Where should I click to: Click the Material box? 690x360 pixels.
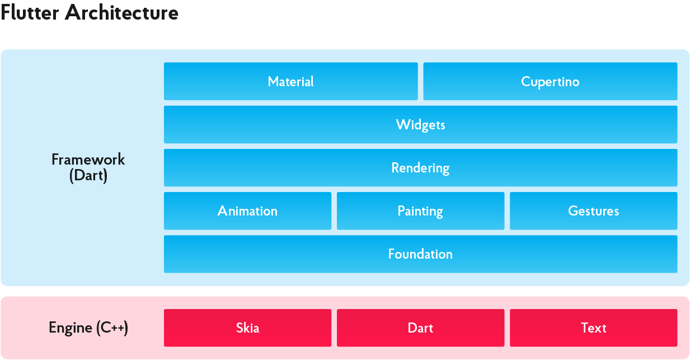pos(291,81)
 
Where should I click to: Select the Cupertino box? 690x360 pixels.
pos(550,81)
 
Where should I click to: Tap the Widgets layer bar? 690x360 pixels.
pos(420,124)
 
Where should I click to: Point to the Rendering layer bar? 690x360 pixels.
pos(420,167)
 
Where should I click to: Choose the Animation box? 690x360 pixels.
pos(248,211)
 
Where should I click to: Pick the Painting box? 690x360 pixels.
pos(420,211)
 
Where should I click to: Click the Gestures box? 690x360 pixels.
pos(594,211)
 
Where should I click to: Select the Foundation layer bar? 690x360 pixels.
pos(420,254)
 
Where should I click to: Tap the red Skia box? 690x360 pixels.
pos(248,328)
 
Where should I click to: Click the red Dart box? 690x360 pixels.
pos(420,328)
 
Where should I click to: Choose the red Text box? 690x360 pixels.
pos(594,328)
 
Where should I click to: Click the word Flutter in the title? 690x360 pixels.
pos(30,13)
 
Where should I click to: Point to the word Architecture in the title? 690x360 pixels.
pos(121,13)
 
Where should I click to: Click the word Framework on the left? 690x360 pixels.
pos(88,160)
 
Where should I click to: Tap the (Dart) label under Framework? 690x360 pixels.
pos(88,176)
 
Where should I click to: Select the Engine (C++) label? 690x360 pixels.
pos(88,328)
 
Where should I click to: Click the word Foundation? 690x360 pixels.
pos(420,254)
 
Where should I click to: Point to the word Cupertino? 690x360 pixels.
pos(550,82)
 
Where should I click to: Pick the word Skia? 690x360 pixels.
pos(248,328)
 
